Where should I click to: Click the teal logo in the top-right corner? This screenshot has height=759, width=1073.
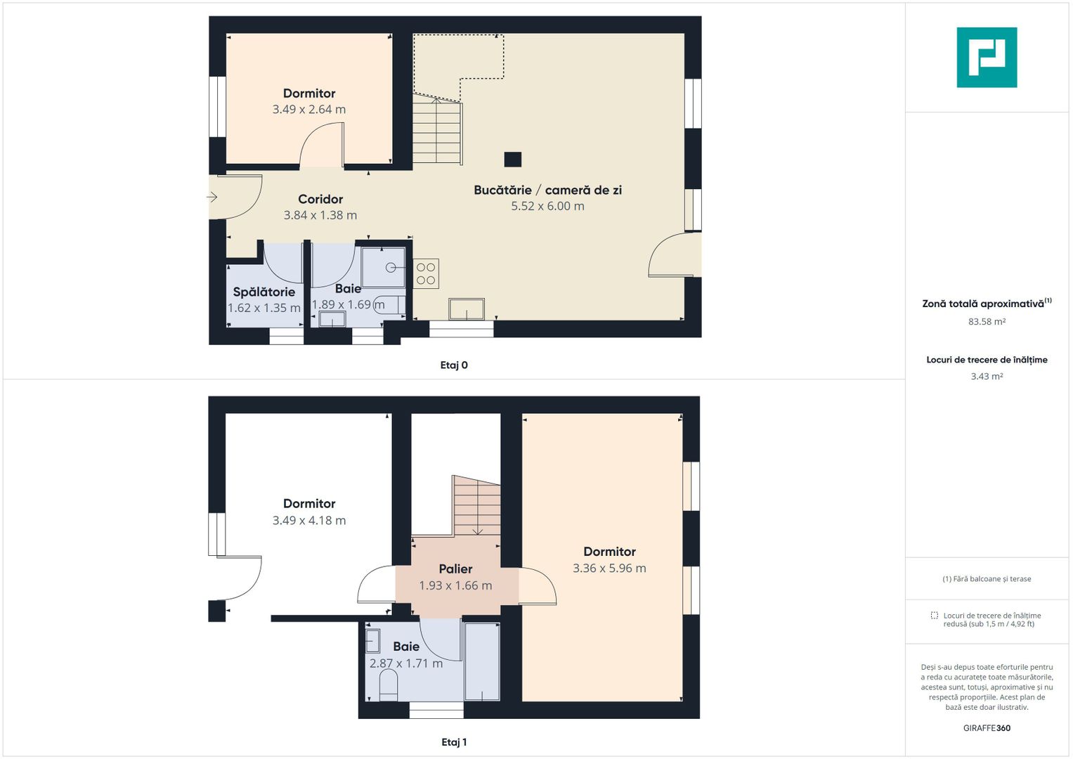(987, 58)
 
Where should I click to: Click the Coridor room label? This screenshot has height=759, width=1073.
(320, 200)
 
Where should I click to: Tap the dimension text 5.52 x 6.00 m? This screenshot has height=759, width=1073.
(547, 207)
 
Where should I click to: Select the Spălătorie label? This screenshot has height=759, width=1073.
(264, 292)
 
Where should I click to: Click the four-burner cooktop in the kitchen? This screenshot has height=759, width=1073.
(426, 273)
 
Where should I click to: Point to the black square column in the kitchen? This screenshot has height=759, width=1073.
(513, 160)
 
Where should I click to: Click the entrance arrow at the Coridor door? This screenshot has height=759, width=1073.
(212, 197)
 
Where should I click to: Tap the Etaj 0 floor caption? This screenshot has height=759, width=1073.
(454, 365)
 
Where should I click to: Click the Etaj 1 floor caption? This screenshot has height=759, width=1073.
(454, 742)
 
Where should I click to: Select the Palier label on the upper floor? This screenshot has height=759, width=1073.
(455, 569)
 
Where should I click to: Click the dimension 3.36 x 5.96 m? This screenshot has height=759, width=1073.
(609, 569)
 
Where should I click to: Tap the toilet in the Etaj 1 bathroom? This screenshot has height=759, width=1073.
(389, 685)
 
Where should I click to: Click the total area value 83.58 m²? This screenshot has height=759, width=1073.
(987, 322)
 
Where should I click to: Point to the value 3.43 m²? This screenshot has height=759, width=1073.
(987, 377)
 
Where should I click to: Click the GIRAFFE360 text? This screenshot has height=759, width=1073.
(987, 728)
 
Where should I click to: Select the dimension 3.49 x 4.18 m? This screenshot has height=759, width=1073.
(309, 521)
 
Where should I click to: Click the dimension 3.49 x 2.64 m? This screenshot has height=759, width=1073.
(309, 110)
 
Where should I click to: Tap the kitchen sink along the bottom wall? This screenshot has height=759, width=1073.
(467, 309)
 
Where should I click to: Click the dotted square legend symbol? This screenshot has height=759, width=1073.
(935, 616)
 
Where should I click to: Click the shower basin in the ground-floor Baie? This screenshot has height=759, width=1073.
(384, 267)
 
